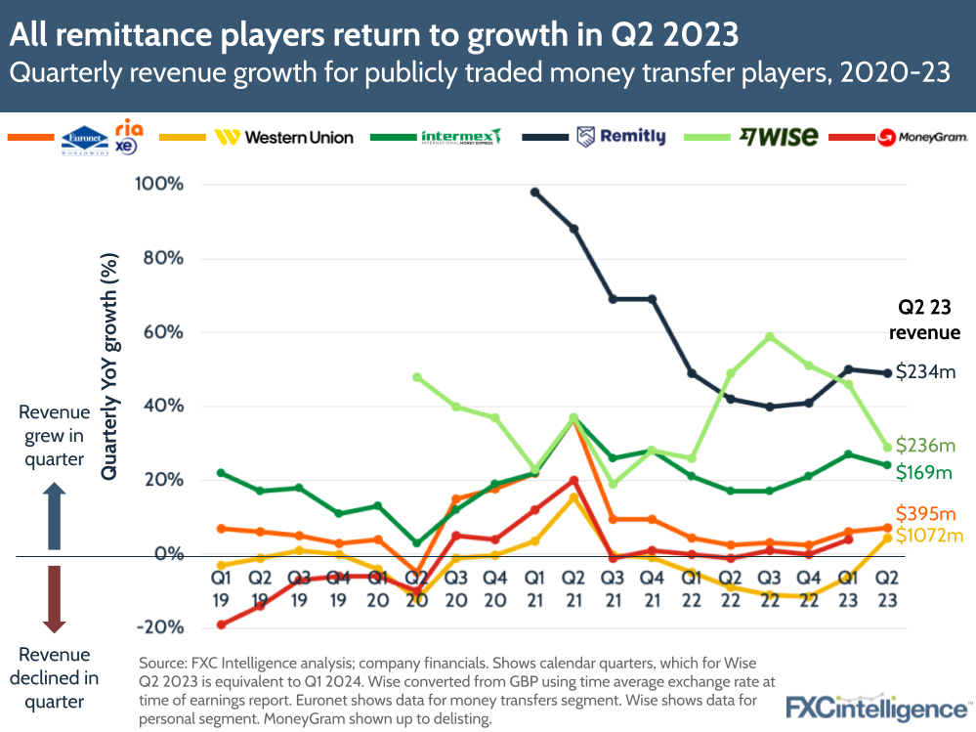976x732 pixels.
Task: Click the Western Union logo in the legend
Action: pos(284,138)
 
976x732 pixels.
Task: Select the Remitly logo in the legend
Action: pos(621,137)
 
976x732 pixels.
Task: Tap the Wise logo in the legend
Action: pos(779,137)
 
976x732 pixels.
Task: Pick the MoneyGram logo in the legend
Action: pos(922,138)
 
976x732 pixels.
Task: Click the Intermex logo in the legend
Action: pos(460,137)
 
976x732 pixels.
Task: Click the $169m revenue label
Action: pos(924,472)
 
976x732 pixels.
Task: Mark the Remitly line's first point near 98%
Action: pos(534,192)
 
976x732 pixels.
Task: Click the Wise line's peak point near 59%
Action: pos(771,336)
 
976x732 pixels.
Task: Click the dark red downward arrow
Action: pos(54,598)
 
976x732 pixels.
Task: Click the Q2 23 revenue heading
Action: pos(923,320)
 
